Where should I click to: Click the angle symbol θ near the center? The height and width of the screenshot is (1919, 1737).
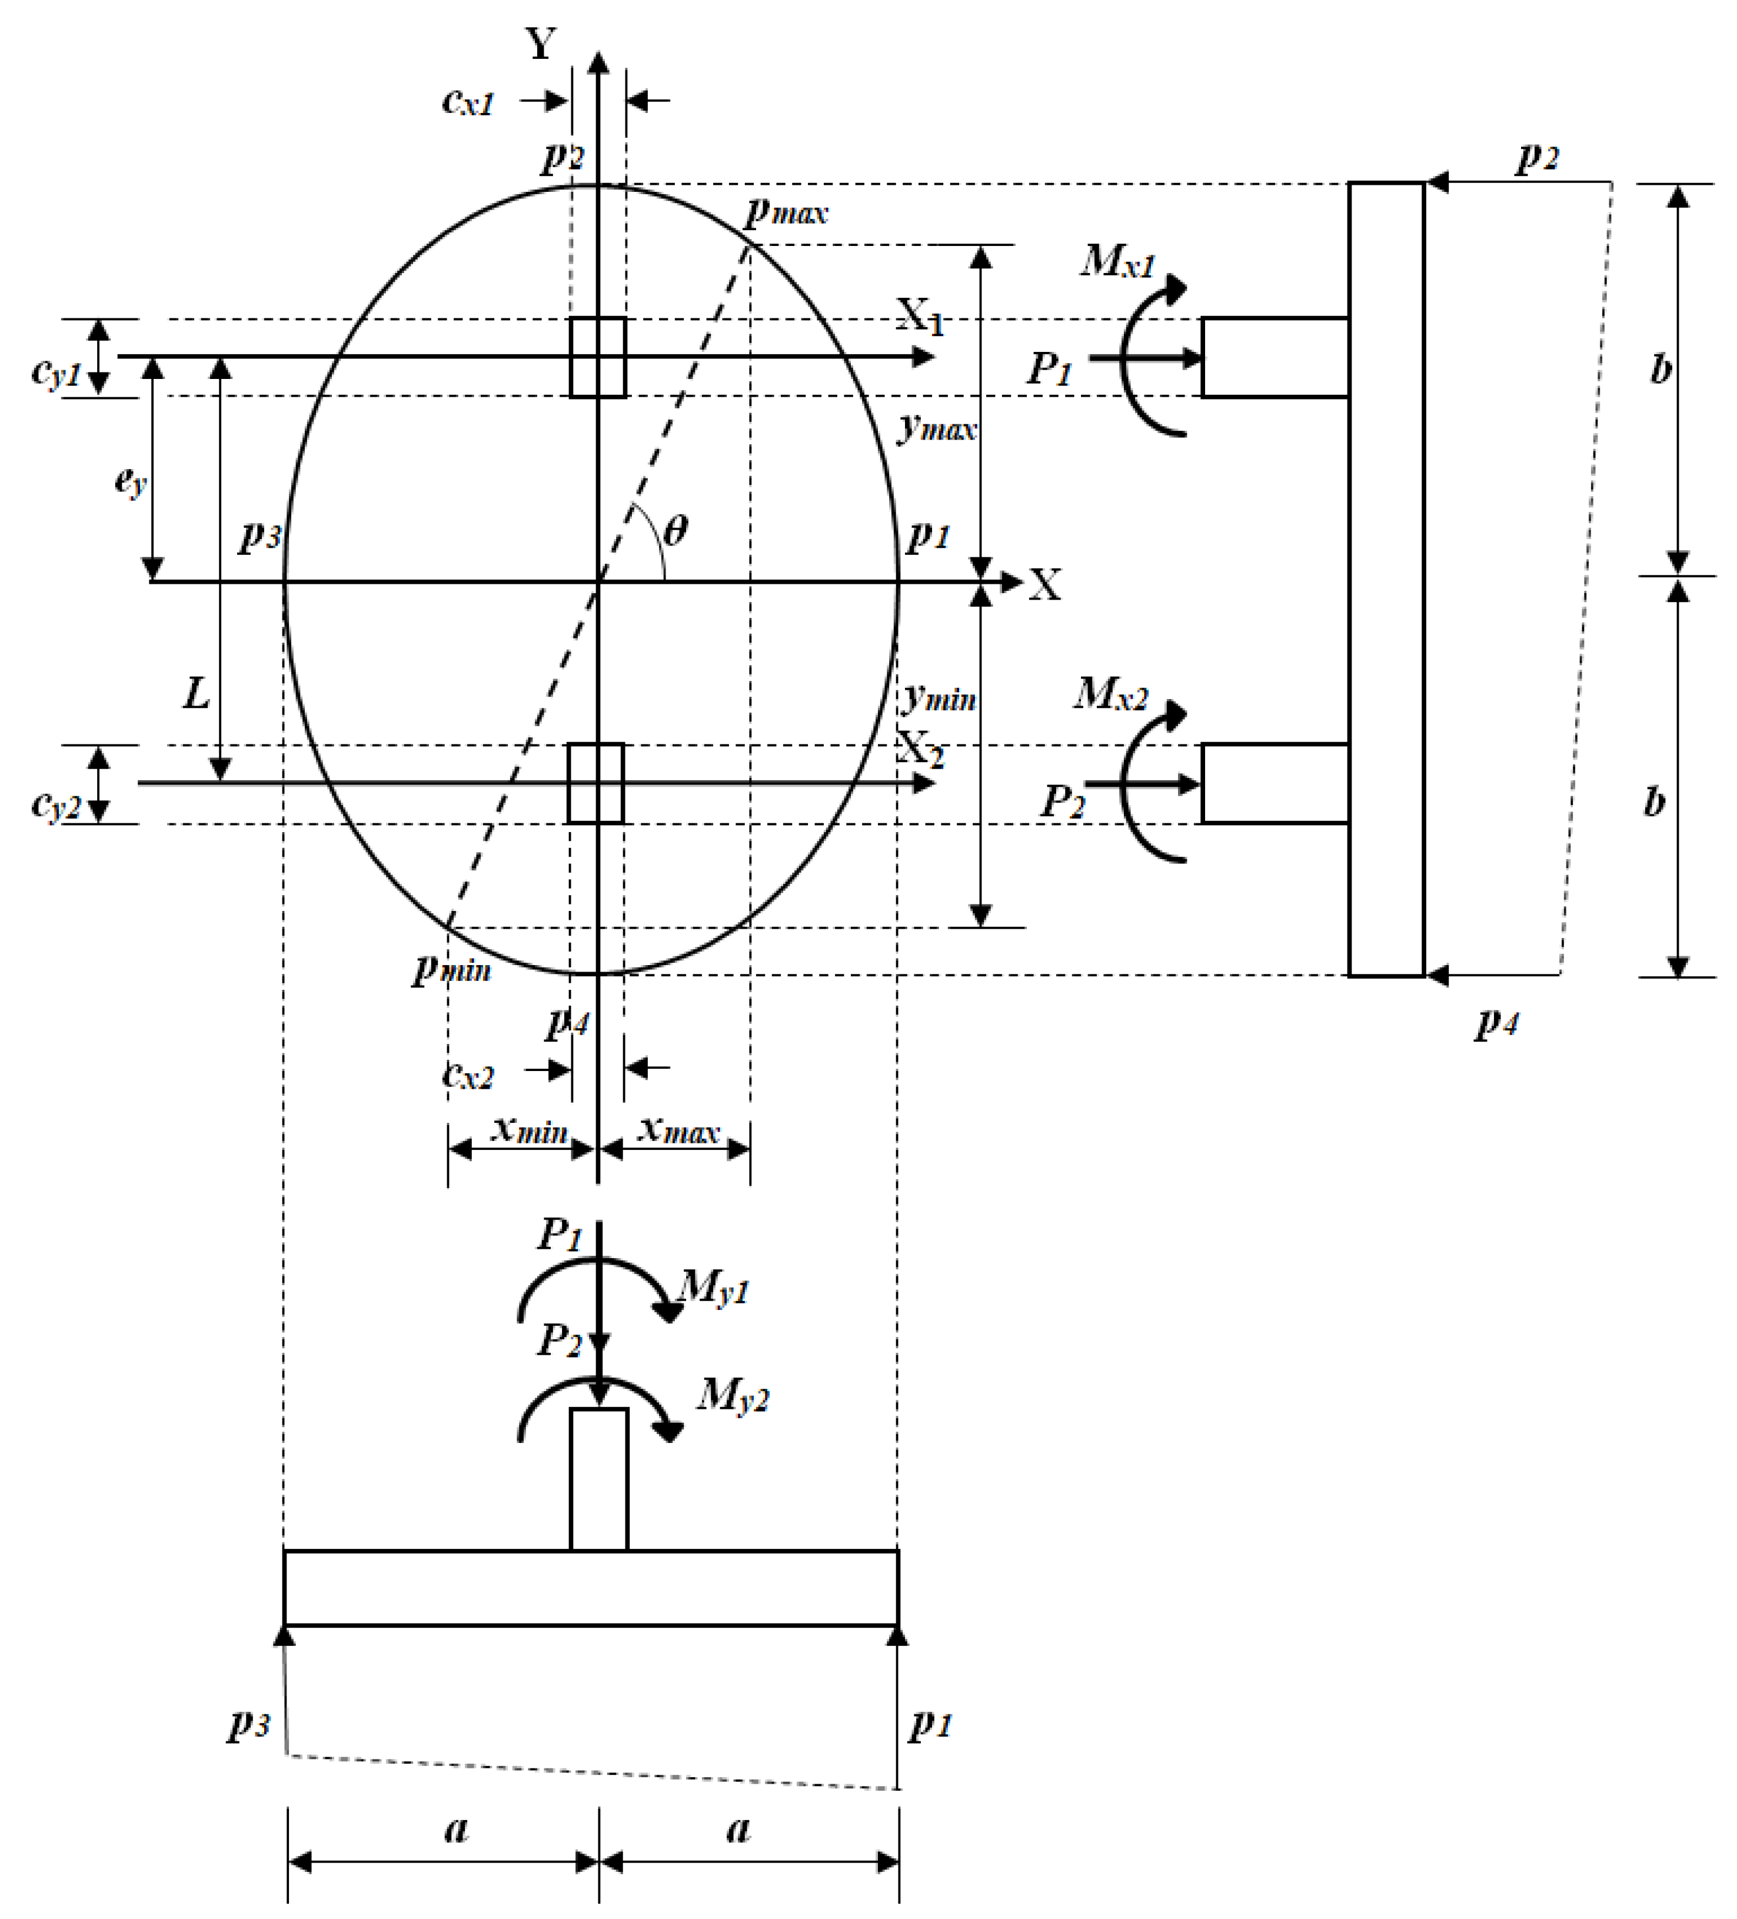coord(675,529)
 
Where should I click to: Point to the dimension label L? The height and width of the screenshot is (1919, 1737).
coord(196,693)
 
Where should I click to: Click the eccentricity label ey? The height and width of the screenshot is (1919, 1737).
coord(131,481)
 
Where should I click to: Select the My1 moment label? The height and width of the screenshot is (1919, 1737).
coord(714,1289)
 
